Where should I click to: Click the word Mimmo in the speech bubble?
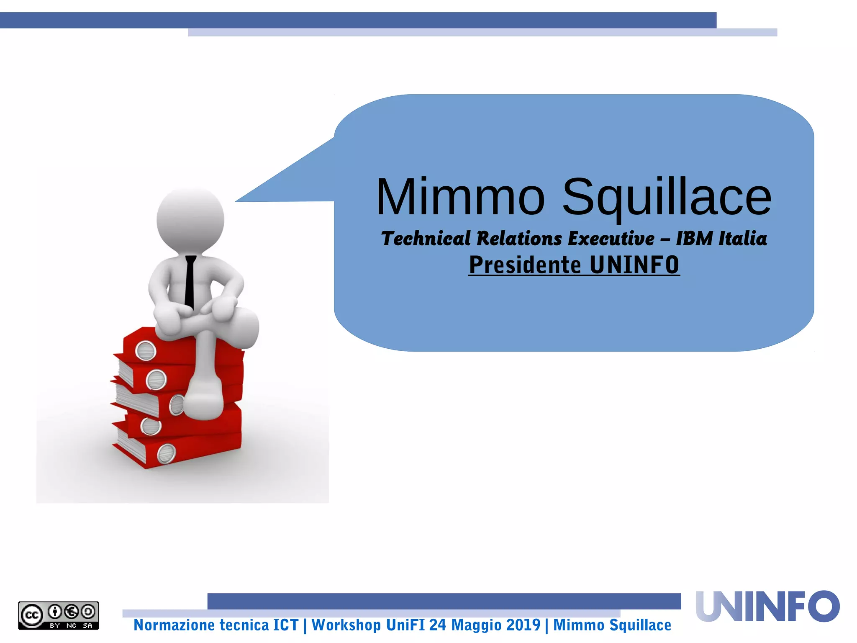[x=460, y=197]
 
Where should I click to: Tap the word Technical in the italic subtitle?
[x=426, y=239]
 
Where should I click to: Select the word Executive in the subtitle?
[x=611, y=239]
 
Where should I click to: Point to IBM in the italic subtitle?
[x=694, y=239]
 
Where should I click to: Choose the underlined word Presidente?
[x=525, y=265]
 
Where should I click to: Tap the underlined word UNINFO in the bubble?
[x=634, y=265]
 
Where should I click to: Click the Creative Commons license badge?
[x=59, y=615]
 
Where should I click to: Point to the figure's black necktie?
[x=190, y=280]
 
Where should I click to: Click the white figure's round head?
[x=190, y=220]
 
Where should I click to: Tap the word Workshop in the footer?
[x=346, y=625]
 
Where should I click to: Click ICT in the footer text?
[x=286, y=625]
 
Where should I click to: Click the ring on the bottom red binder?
[x=166, y=453]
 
